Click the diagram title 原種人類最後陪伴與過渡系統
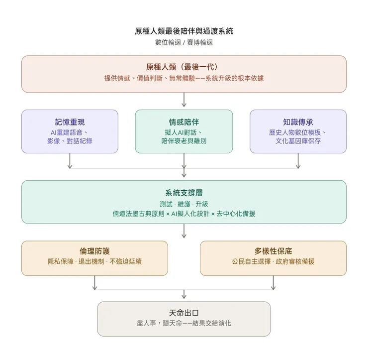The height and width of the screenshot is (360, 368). (184, 31)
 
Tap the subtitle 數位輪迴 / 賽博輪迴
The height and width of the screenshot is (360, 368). (184, 43)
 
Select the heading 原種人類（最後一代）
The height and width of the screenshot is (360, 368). (184, 67)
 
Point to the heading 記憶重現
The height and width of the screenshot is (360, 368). (70, 122)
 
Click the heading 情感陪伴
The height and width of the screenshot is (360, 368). (184, 122)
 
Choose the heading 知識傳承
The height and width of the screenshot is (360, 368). (298, 122)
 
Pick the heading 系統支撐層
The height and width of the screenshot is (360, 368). (184, 193)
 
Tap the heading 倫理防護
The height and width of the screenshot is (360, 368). (94, 251)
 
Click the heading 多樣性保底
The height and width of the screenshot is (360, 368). (273, 251)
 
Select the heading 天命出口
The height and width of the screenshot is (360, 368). (184, 313)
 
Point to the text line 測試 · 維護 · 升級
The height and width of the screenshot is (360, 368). (184, 204)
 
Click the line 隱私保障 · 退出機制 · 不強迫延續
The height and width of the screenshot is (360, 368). (94, 261)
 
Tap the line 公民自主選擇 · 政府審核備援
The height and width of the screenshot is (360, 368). (273, 261)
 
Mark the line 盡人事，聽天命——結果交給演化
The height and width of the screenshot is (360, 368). (184, 323)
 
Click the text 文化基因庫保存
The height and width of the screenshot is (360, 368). (298, 141)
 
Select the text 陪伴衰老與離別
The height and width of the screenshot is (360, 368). (184, 141)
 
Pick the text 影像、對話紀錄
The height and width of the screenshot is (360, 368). (70, 141)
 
